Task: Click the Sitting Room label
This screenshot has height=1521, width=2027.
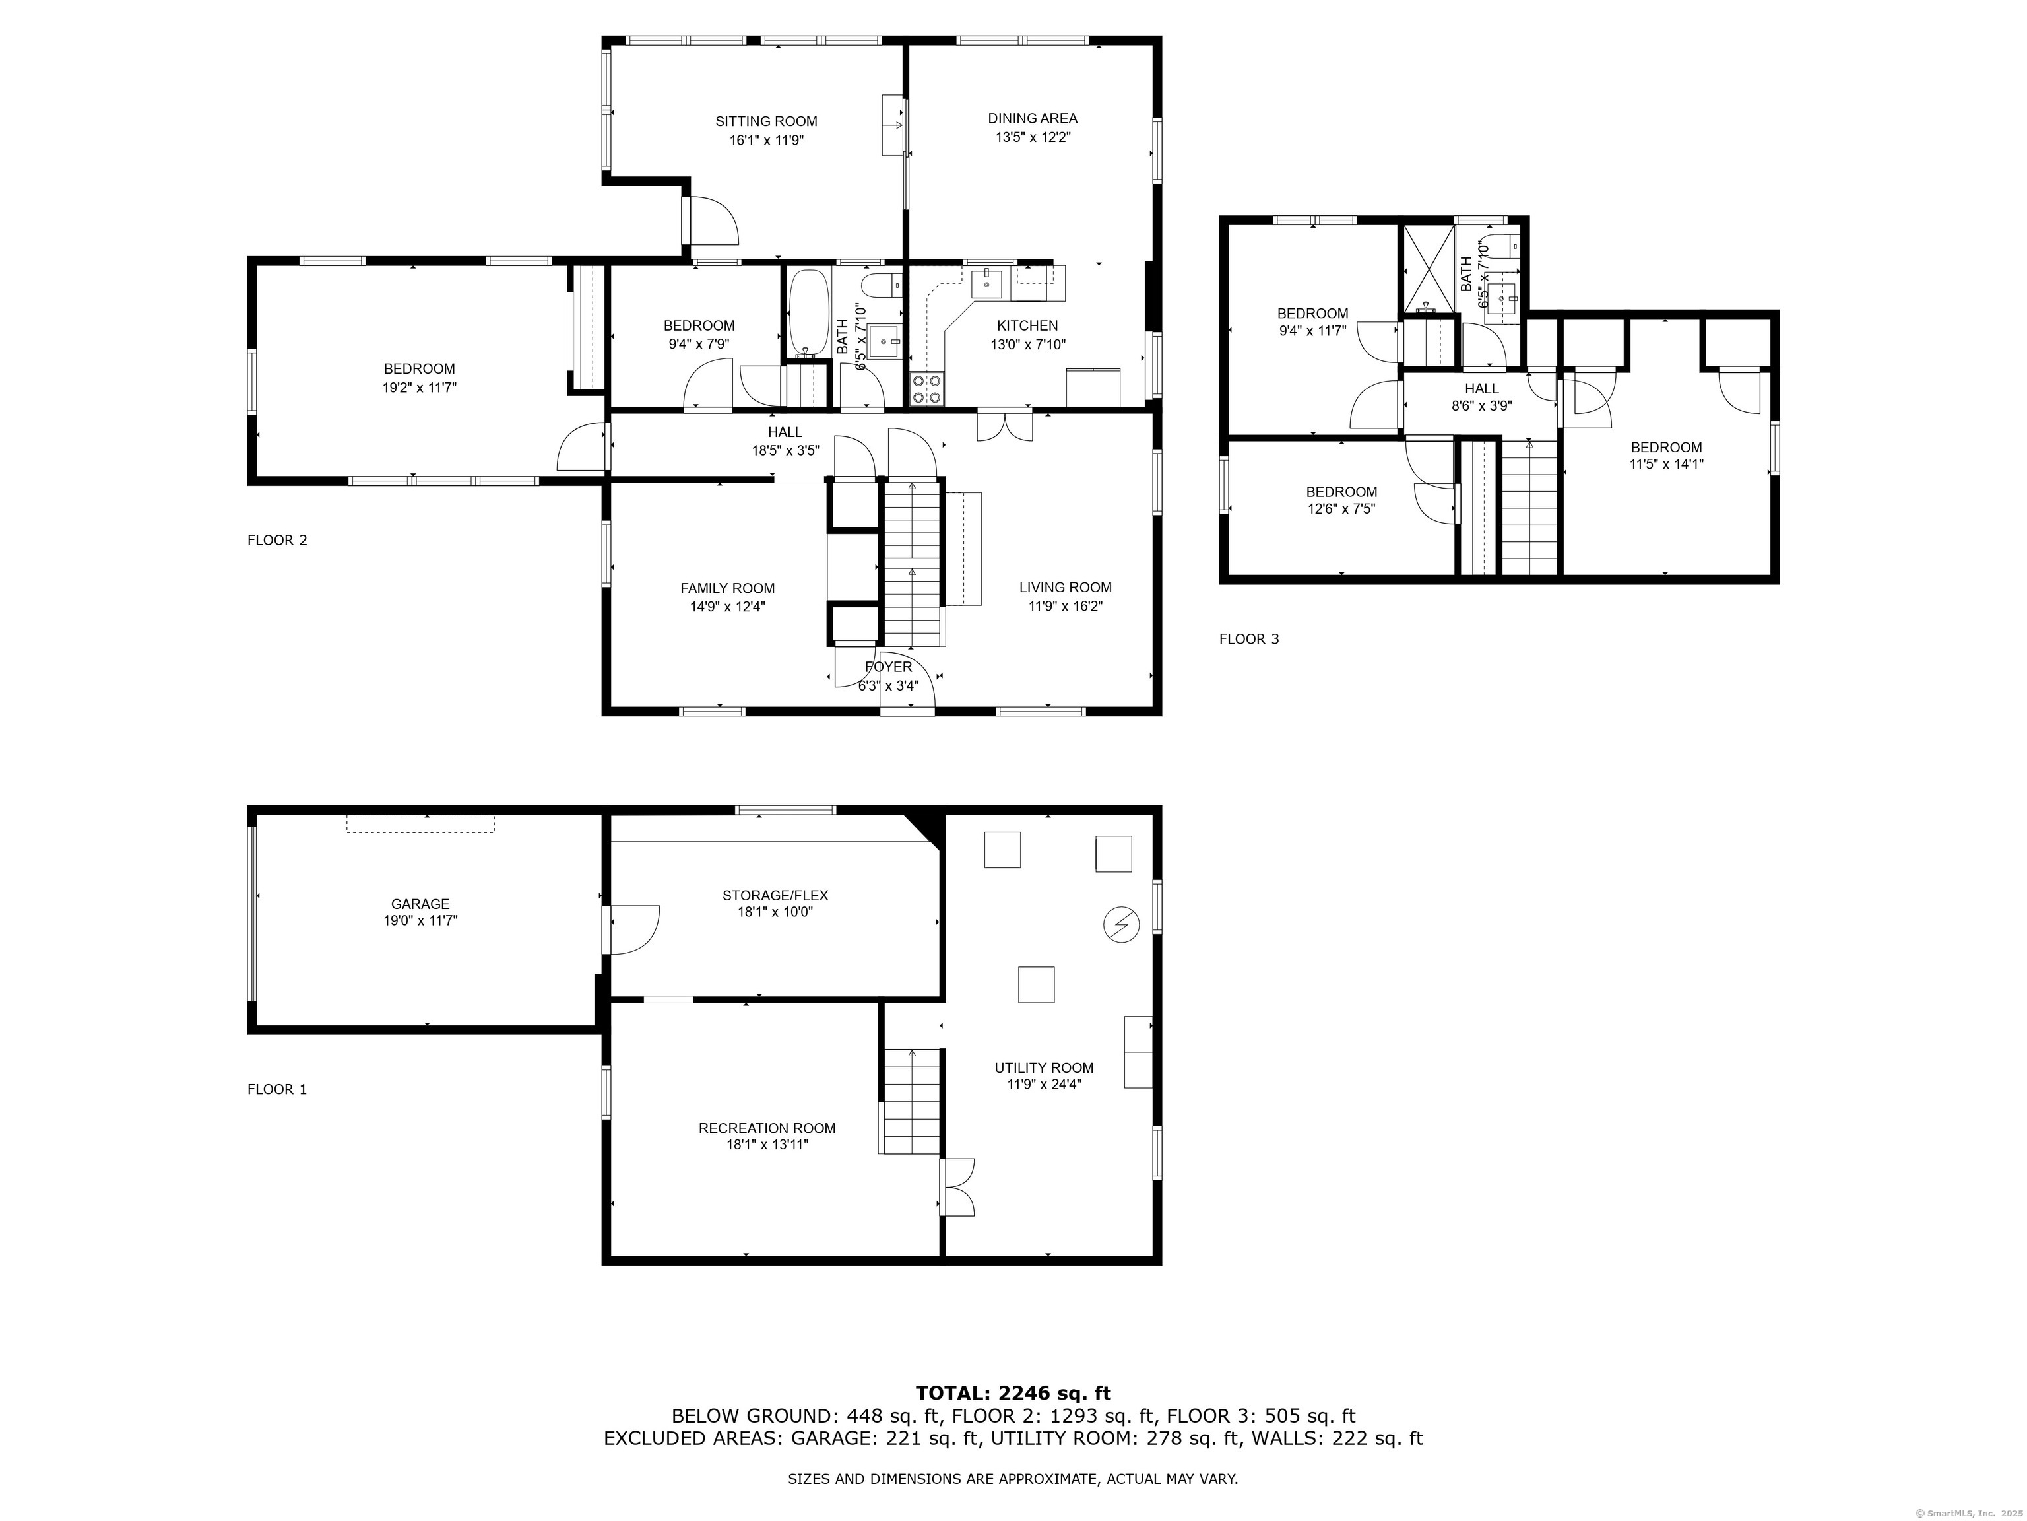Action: click(766, 121)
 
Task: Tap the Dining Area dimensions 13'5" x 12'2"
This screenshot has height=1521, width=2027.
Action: click(1033, 137)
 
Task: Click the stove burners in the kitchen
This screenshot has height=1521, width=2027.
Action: click(926, 389)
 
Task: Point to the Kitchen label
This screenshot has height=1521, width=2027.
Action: click(1027, 325)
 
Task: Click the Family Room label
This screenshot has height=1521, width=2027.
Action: click(728, 589)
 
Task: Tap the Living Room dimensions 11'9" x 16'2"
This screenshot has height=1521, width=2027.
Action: click(1066, 606)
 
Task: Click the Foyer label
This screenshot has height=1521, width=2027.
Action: click(888, 667)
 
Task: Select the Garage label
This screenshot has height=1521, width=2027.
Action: click(420, 904)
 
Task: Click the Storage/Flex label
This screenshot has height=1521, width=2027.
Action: click(775, 896)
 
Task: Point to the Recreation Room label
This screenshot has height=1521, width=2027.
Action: click(767, 1129)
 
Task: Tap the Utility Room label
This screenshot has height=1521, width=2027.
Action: click(1045, 1068)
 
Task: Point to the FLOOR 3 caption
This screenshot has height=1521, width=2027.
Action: click(1249, 639)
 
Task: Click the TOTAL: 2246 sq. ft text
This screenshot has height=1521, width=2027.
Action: click(1013, 1394)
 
